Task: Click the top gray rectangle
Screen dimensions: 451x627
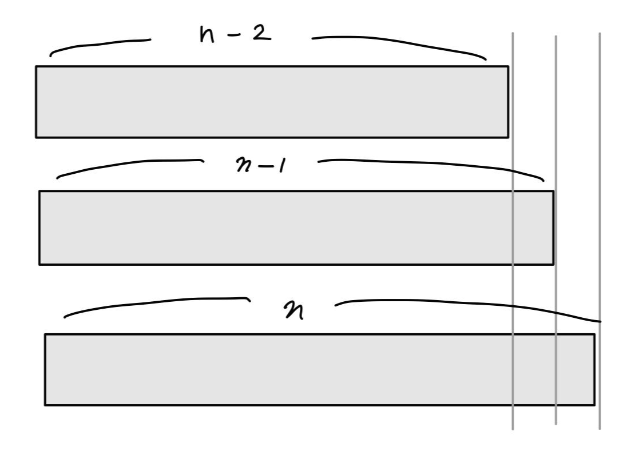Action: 272,102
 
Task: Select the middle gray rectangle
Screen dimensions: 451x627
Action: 275,228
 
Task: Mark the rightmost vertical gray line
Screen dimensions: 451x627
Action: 600,171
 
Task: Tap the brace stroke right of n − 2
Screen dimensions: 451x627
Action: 400,41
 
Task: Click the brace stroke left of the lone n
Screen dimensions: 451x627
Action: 154,302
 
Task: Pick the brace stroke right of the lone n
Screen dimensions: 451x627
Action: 469,303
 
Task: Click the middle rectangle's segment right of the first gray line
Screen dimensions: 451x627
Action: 533,228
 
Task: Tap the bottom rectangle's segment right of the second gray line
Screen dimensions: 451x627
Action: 576,369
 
